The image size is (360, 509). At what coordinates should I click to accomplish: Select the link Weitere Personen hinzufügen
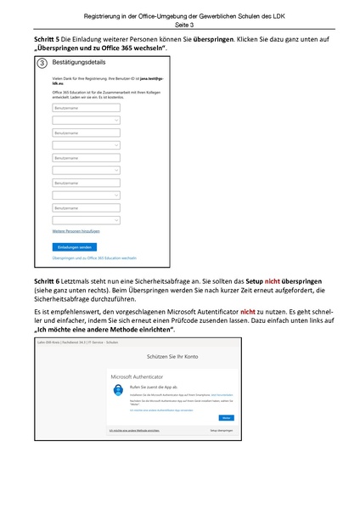pyautogui.click(x=76, y=230)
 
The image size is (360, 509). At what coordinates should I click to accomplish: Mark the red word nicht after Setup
pyautogui.click(x=273, y=280)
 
